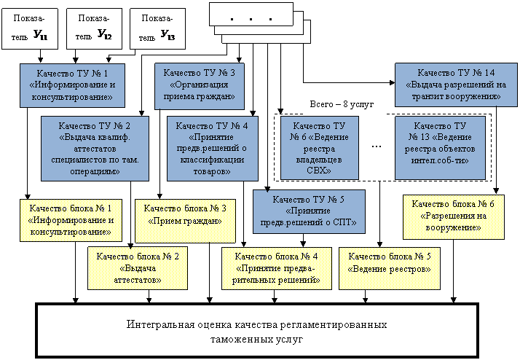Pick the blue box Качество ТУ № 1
[x=71, y=84]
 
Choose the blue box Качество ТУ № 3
[x=199, y=84]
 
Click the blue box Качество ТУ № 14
[x=456, y=84]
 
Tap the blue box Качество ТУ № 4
[x=212, y=147]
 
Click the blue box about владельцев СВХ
[x=319, y=147]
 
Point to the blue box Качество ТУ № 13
[x=440, y=147]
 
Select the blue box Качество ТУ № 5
[x=308, y=211]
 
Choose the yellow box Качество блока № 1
[x=71, y=220]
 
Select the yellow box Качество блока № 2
[x=137, y=267]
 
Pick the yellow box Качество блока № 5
[x=390, y=262]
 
